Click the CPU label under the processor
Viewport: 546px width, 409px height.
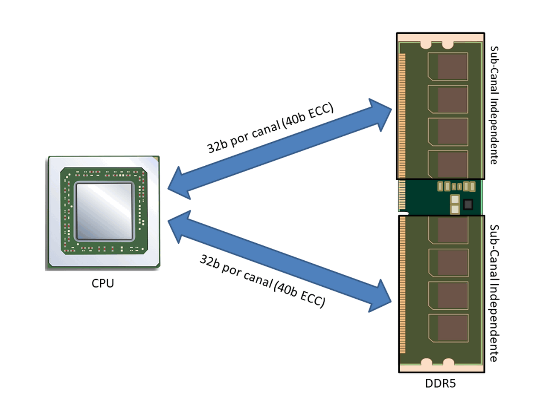[102, 283]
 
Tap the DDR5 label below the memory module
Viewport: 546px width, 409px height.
[440, 383]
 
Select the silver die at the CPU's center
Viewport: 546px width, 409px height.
[104, 211]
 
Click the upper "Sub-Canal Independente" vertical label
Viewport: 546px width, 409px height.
[494, 105]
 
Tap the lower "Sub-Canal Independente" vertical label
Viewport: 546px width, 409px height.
[494, 293]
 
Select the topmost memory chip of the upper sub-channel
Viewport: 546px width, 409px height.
[448, 66]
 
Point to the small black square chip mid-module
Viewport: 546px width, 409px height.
[468, 204]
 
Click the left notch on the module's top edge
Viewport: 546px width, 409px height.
[426, 44]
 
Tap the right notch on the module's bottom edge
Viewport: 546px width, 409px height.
[448, 363]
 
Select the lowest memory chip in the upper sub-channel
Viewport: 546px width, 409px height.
[448, 164]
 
